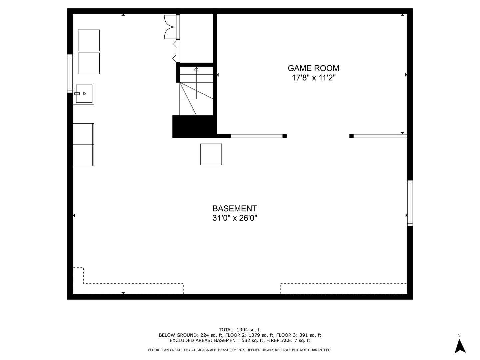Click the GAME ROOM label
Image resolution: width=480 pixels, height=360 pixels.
click(x=313, y=68)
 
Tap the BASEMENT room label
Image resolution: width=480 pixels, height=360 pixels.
click(x=235, y=209)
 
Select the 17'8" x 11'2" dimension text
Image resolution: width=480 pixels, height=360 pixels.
click(x=313, y=78)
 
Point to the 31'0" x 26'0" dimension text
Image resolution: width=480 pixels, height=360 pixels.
click(x=235, y=218)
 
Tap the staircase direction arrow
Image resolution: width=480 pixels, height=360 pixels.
click(x=196, y=69)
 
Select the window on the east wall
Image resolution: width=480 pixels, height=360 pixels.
click(x=410, y=203)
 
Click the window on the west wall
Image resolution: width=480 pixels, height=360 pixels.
click(x=70, y=73)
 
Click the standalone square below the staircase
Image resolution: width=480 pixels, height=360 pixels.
click(x=211, y=154)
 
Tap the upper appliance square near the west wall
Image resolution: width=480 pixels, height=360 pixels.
click(x=89, y=40)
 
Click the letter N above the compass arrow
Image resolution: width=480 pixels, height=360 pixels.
click(x=459, y=335)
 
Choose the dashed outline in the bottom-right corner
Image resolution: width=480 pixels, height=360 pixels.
click(x=343, y=288)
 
